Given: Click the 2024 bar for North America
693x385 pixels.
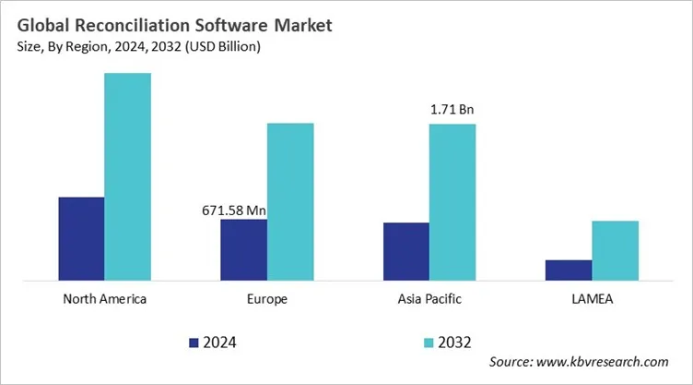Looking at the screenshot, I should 81,238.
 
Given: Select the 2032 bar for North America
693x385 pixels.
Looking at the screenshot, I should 127,176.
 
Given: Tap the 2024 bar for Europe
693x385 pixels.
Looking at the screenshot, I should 243,249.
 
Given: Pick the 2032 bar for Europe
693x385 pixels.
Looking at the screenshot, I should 290,201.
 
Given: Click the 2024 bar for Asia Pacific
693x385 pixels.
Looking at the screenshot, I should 405,251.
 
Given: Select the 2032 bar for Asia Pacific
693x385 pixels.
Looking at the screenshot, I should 452,201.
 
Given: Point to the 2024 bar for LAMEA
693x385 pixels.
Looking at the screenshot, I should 569,270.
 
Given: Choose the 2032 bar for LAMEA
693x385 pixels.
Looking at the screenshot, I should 615,250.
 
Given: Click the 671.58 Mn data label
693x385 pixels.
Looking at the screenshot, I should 234,211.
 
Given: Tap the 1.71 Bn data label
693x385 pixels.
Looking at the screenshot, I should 452,111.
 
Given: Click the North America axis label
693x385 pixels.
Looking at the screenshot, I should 104,299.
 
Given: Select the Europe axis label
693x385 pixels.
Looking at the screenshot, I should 267,299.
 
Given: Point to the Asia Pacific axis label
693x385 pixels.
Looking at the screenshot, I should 429,299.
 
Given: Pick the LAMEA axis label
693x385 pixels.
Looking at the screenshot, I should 592,299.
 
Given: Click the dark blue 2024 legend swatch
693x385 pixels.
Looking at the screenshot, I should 194,343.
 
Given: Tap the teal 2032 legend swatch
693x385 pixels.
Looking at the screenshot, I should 429,343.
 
